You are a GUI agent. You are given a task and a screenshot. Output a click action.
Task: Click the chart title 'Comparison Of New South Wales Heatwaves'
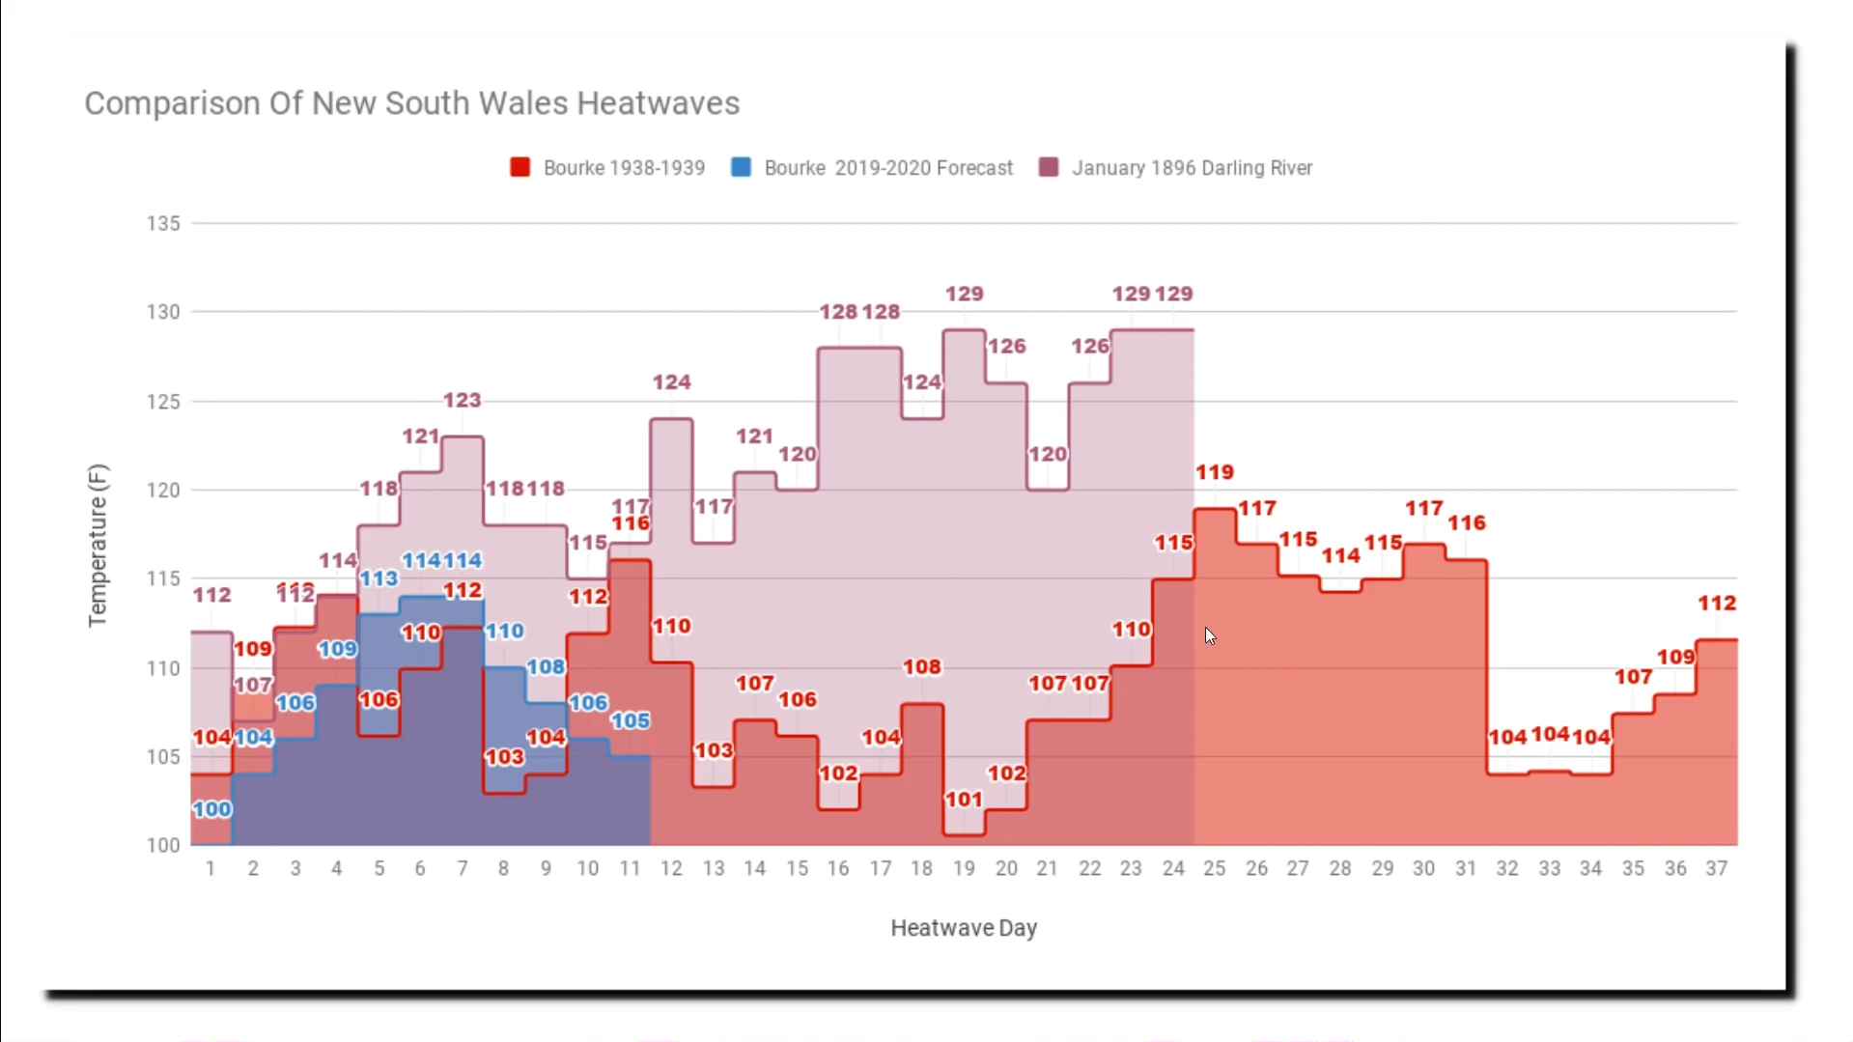point(411,103)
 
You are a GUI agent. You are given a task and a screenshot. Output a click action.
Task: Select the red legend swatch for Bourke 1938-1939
point(519,167)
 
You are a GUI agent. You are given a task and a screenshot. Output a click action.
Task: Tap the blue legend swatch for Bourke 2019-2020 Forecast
point(741,167)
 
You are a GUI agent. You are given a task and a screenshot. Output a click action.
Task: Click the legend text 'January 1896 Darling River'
point(1192,168)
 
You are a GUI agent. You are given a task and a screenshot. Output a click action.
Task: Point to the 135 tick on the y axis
point(163,223)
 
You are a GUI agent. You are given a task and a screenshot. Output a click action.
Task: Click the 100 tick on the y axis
point(163,845)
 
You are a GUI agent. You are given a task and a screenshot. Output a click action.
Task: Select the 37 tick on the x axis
point(1716,868)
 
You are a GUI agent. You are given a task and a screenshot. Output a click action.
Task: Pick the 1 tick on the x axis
point(211,868)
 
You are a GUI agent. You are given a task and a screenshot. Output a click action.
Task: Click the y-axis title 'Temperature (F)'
point(98,546)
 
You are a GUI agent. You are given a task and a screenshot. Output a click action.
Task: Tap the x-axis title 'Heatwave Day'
point(964,928)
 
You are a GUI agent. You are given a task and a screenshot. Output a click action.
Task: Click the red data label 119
point(1215,472)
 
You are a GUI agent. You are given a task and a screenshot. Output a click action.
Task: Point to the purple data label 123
point(462,400)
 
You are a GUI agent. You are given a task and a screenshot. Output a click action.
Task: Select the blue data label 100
point(211,809)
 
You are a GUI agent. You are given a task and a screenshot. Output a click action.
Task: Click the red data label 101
point(964,800)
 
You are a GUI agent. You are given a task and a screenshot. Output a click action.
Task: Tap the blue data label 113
point(379,578)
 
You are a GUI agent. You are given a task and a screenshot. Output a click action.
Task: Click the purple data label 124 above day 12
point(671,382)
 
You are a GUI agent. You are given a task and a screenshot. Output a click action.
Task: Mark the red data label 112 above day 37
point(1717,604)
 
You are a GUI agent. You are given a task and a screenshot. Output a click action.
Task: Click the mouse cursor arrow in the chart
point(1210,635)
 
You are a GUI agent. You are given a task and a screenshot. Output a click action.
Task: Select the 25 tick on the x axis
point(1214,868)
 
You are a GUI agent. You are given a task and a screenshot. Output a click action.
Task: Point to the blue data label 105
point(630,720)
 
